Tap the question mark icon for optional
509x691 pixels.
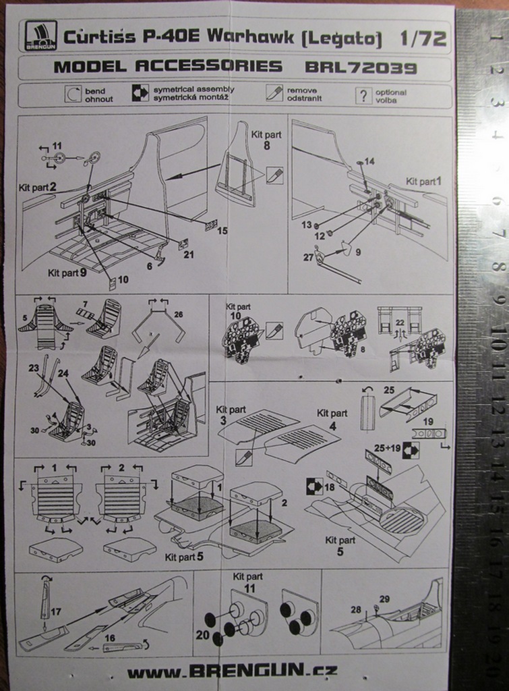click(363, 95)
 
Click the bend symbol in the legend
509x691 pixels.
click(73, 94)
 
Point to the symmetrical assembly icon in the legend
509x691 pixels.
click(140, 94)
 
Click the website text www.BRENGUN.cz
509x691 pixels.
click(233, 671)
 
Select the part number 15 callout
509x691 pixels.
click(222, 231)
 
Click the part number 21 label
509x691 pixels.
click(189, 254)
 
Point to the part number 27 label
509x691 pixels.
click(308, 257)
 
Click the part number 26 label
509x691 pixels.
click(178, 313)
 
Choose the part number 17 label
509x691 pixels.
click(55, 611)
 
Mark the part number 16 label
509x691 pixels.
click(109, 637)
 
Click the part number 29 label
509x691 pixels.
click(384, 599)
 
